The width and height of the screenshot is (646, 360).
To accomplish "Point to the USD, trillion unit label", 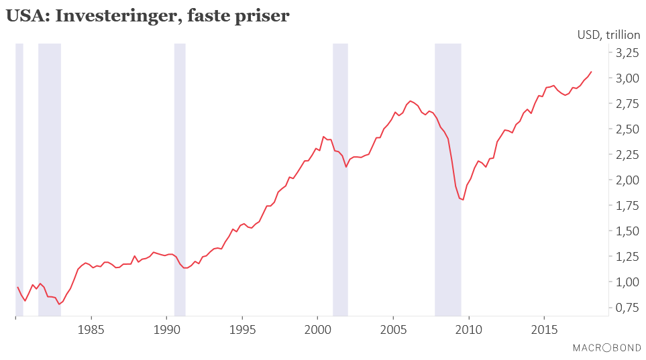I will click(608, 35).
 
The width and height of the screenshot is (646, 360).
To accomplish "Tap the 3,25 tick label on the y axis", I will click(627, 52).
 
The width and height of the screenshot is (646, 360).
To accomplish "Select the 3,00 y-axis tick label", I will click(627, 78).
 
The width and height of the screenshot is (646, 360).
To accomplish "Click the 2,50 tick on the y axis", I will click(627, 129).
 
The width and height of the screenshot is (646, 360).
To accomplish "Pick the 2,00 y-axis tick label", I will click(627, 180).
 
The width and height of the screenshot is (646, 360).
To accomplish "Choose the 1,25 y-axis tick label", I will click(627, 256).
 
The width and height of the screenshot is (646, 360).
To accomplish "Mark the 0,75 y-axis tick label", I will click(627, 307).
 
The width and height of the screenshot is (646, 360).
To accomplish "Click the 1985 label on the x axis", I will click(91, 329).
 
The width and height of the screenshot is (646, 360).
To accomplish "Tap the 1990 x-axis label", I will click(166, 329).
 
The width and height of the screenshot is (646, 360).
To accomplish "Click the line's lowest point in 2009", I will click(463, 200).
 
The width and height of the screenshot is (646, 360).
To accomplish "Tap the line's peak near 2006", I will click(411, 101).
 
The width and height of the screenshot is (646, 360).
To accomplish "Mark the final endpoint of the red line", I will click(591, 72).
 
